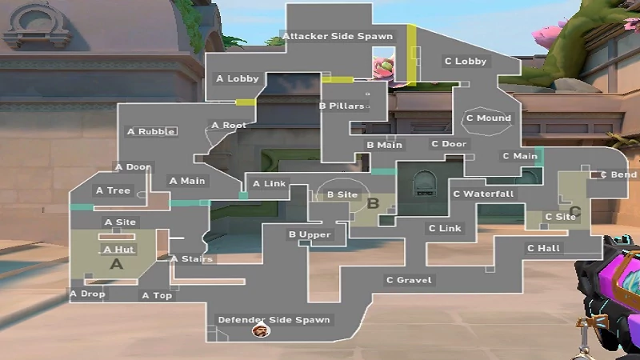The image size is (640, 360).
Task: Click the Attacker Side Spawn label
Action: tap(337, 37)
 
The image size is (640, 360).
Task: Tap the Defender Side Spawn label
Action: tap(274, 320)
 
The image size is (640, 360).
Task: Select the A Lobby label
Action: tap(238, 78)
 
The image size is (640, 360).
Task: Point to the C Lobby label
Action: tap(465, 61)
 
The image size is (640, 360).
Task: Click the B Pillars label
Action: tap(342, 106)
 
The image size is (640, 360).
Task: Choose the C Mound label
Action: tap(488, 118)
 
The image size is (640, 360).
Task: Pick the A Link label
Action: tap(269, 184)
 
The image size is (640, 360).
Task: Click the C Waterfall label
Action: tap(483, 194)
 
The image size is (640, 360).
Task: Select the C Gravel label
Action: tap(409, 280)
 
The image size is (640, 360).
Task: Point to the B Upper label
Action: tap(309, 234)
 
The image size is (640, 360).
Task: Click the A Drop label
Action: tap(87, 294)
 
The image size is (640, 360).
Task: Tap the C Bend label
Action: tap(618, 174)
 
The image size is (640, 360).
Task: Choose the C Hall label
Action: tap(543, 248)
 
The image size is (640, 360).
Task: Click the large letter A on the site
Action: tap(116, 263)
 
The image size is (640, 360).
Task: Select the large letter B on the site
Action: tap(372, 203)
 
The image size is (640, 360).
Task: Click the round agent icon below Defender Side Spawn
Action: tap(259, 331)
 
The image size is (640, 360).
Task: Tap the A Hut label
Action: tap(118, 250)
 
